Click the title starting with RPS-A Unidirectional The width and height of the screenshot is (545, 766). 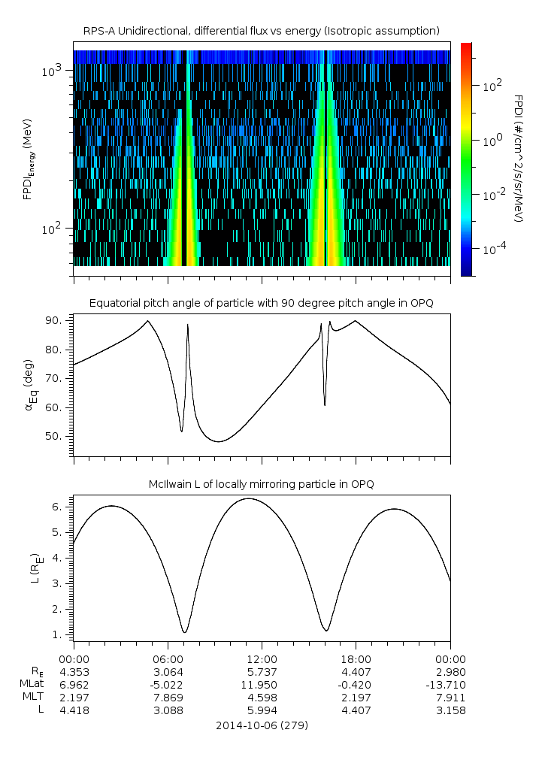(261, 31)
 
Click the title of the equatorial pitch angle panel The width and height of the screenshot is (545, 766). (261, 303)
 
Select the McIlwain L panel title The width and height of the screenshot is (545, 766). (261, 484)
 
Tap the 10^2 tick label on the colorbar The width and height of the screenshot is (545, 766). (492, 86)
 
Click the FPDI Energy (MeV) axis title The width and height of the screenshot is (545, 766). (29, 159)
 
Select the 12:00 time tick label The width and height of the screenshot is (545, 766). (261, 658)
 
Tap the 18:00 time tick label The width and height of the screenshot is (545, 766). (355, 658)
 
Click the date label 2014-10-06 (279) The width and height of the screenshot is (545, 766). (261, 725)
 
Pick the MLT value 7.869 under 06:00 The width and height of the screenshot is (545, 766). (168, 698)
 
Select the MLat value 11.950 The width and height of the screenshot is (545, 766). (261, 685)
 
